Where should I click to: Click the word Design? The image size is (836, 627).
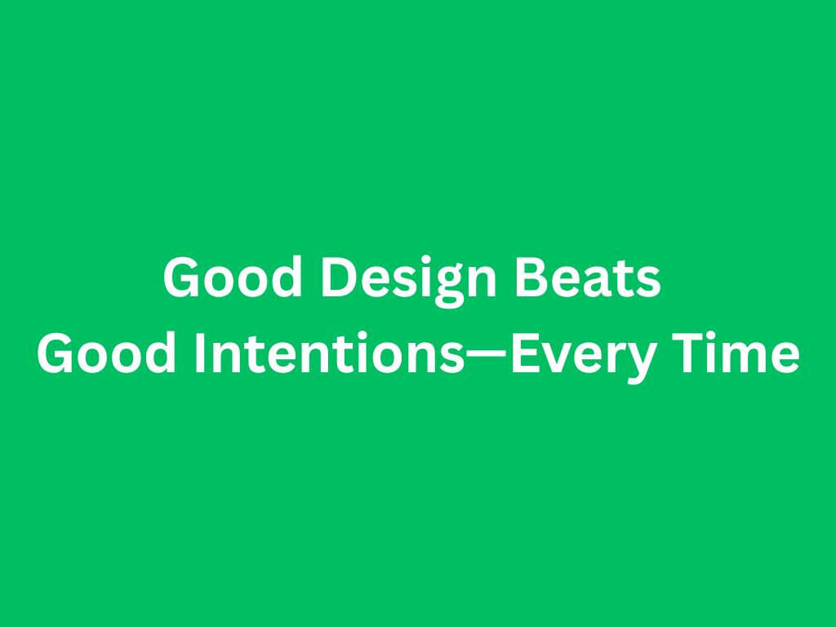408,281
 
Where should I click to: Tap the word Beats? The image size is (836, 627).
588,277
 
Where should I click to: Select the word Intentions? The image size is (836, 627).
330,352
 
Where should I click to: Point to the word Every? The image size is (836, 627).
584,357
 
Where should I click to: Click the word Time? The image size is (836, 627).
736,352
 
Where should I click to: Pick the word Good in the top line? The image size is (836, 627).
233,277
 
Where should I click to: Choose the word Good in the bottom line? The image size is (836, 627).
106,352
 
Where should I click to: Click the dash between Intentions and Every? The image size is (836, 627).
486,353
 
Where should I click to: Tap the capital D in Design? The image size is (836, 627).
339,277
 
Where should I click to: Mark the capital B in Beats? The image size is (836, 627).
532,277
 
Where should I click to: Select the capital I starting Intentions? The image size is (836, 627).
201,353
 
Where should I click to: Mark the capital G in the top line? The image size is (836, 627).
180,277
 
